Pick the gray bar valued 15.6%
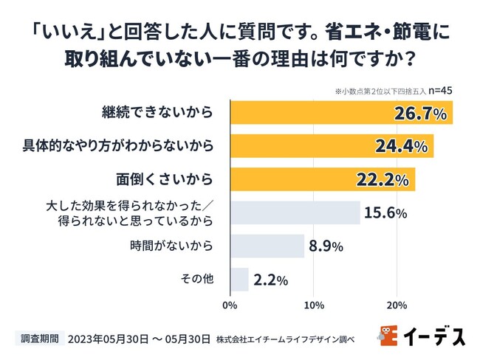coord(295,212)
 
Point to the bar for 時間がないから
coord(267,246)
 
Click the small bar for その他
coord(239,280)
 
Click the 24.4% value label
coord(402,147)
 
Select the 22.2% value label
coord(383,180)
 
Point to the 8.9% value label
coord(326,247)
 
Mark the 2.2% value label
coord(270,280)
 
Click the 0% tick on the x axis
coord(230,304)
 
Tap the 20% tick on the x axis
coord(397,304)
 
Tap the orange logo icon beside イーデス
coord(389,336)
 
